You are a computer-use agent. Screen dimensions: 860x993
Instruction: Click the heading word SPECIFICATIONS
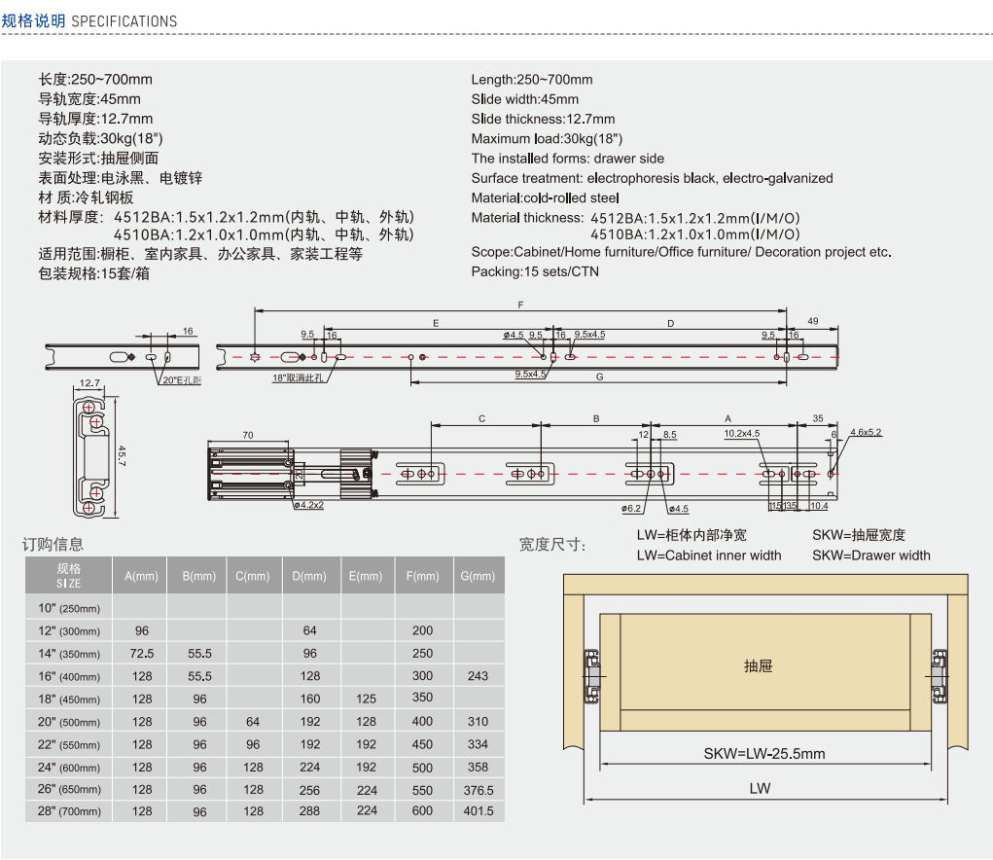tap(124, 20)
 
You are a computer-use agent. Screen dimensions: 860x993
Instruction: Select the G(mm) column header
tap(478, 576)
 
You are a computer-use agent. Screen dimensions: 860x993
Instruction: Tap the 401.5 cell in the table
tap(478, 810)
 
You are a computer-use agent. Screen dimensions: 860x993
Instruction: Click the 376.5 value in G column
tap(478, 790)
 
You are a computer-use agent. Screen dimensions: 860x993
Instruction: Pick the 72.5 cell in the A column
tap(141, 653)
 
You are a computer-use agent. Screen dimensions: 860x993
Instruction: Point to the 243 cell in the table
tap(478, 675)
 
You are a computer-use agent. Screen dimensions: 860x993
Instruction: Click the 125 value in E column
tap(367, 699)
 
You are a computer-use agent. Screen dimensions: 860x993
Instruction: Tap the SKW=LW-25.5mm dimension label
tap(763, 754)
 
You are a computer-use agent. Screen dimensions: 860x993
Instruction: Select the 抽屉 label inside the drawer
tap(758, 666)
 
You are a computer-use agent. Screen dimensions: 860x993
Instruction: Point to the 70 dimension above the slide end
tap(247, 435)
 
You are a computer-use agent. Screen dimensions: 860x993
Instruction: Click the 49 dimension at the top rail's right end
tap(813, 321)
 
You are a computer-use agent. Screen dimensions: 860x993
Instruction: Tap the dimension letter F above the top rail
tap(520, 304)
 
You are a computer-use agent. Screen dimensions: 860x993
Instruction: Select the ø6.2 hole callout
tap(632, 508)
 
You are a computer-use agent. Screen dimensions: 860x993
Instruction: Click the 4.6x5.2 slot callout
tap(865, 432)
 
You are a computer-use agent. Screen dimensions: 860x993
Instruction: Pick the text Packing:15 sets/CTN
tap(535, 271)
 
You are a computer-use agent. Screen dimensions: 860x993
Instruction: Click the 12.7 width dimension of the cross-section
tap(89, 383)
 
